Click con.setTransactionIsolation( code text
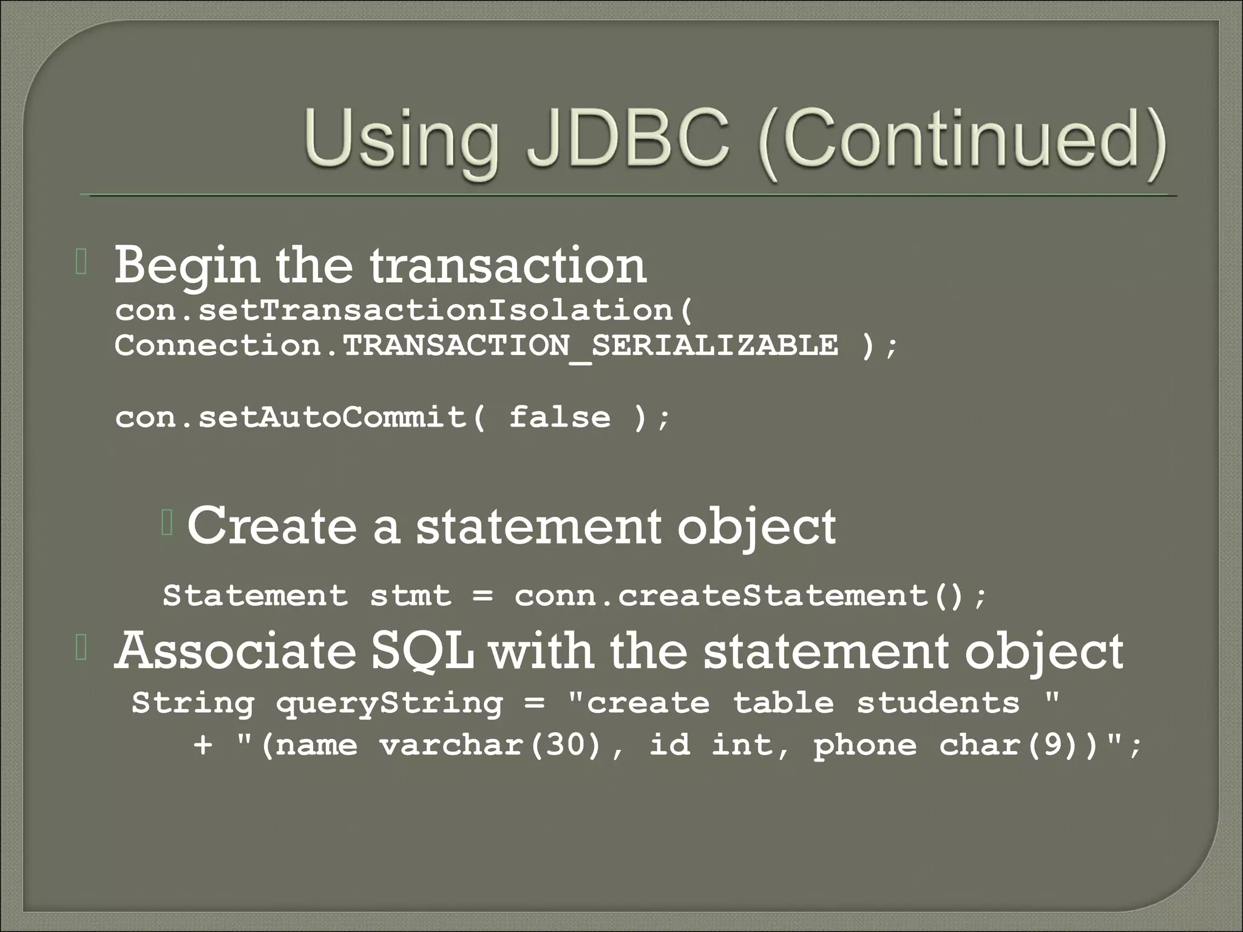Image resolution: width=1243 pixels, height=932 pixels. [x=404, y=311]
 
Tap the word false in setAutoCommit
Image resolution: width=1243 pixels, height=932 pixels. [x=560, y=417]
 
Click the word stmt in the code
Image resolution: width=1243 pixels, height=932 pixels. [x=411, y=595]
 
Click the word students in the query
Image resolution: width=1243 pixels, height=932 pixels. [x=938, y=703]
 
